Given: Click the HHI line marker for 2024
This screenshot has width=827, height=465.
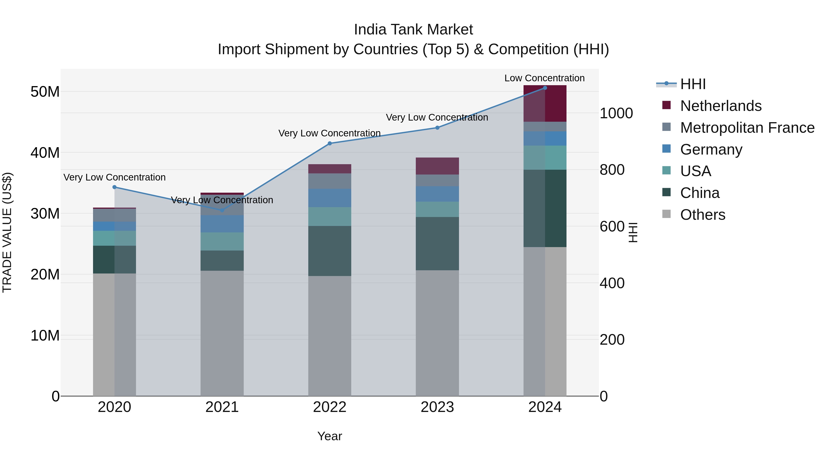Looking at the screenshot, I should click(x=545, y=88).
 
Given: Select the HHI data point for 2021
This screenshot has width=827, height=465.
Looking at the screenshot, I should click(x=222, y=210).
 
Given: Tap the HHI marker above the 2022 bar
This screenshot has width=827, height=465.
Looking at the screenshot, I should click(x=329, y=144).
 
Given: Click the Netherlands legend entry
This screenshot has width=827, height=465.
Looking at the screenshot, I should click(x=720, y=106).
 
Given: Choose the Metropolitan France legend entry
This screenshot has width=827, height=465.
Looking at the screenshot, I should click(x=747, y=128).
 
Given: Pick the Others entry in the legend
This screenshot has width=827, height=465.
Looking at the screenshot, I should click(x=702, y=215).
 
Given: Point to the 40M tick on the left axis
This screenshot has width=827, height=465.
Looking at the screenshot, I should click(x=45, y=153).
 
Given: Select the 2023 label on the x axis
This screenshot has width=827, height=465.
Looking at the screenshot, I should click(x=437, y=407).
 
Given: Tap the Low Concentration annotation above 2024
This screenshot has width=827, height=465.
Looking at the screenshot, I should click(x=544, y=78).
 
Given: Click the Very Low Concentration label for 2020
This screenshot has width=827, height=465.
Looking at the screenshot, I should click(x=114, y=177).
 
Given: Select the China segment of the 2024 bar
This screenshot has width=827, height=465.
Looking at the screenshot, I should click(x=545, y=208).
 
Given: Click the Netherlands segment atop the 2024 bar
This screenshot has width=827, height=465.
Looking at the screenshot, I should click(x=545, y=103).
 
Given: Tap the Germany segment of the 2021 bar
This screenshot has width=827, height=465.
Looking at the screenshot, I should click(x=222, y=224).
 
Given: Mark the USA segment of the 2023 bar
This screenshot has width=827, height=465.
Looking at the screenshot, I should click(x=437, y=209).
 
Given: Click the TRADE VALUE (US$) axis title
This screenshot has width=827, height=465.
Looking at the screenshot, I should click(x=7, y=232).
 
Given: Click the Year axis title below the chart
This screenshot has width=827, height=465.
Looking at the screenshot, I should click(x=329, y=436).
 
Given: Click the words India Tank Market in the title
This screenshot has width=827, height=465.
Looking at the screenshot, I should click(x=413, y=30).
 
